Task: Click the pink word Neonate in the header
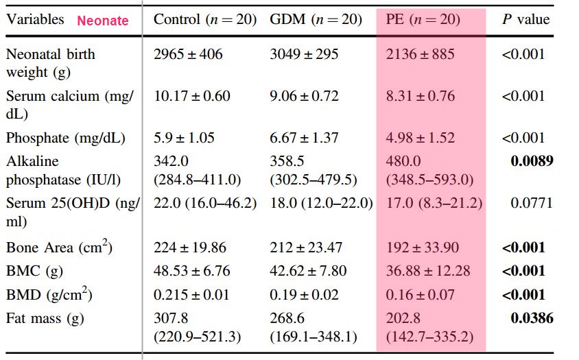click(103, 21)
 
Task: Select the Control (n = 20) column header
click(204, 19)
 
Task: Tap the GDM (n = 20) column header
click(316, 19)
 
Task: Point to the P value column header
click(526, 19)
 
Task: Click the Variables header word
click(35, 19)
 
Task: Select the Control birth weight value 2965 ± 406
click(188, 54)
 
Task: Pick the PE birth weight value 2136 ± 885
click(420, 54)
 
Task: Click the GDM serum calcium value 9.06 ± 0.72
click(304, 96)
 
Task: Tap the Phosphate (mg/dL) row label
click(66, 138)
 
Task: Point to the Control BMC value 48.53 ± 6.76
click(192, 271)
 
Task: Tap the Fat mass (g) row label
click(43, 318)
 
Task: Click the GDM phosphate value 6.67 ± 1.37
click(304, 138)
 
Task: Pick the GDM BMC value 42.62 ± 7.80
click(308, 271)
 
